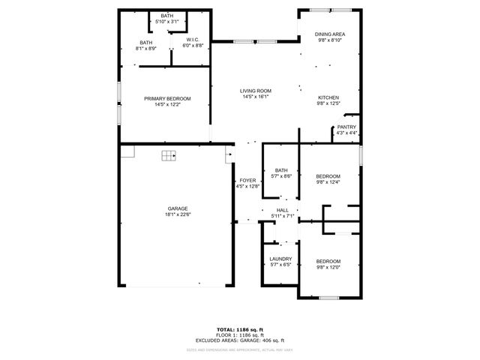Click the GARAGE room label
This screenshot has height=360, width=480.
(177, 208)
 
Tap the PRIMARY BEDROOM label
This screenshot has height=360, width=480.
(167, 98)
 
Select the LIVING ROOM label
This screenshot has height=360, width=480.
(255, 90)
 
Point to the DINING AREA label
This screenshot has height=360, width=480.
(330, 34)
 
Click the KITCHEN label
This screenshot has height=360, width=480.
(328, 97)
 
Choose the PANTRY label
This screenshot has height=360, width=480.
(346, 127)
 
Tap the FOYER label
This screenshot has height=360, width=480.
(247, 181)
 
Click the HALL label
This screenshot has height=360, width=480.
(282, 210)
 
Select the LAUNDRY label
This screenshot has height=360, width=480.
(280, 259)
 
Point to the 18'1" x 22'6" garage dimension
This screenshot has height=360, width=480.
(177, 214)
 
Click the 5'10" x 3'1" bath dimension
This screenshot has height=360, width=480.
(166, 22)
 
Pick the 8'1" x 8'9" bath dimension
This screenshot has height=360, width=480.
(145, 49)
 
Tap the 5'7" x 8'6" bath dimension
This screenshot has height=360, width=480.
(281, 176)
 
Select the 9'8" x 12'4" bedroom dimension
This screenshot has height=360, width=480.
(328, 182)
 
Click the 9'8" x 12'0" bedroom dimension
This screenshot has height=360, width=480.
(328, 265)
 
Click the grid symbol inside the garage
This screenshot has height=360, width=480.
(168, 156)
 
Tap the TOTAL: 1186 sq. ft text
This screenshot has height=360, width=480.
(239, 330)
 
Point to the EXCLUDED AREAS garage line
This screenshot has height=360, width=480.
(239, 340)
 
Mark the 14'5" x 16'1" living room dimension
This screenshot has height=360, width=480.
(255, 96)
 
